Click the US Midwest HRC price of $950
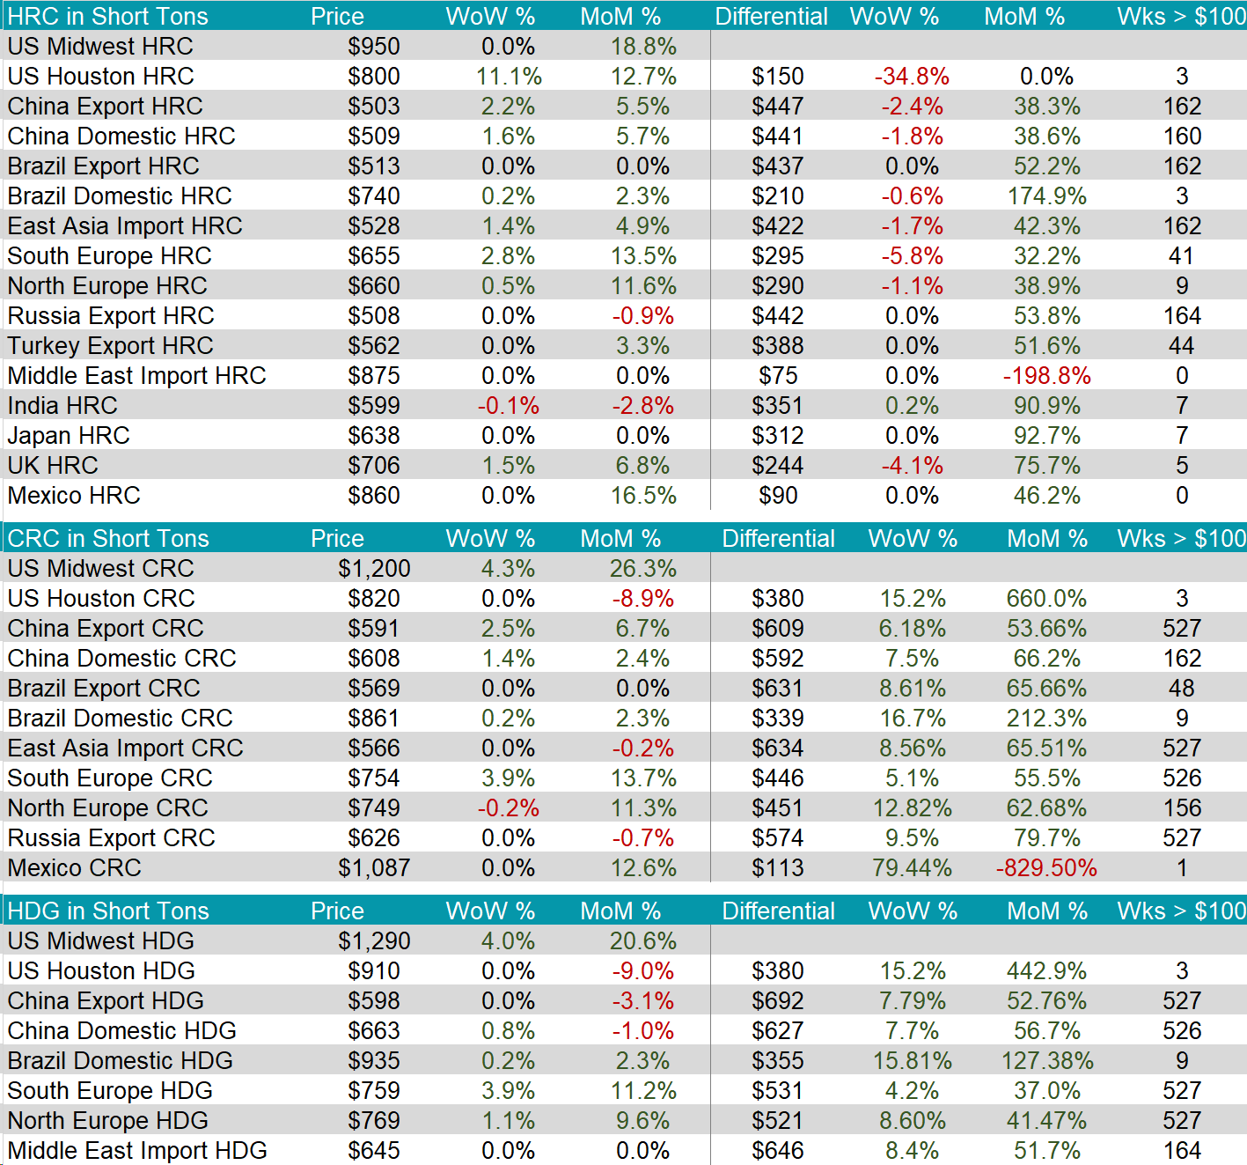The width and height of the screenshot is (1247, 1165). (x=374, y=47)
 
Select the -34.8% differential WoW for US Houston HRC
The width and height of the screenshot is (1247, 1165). (x=912, y=77)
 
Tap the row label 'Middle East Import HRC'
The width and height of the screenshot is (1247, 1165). (x=136, y=376)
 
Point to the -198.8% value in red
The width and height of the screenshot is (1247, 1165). (x=1046, y=376)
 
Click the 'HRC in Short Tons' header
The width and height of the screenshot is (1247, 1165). (x=107, y=17)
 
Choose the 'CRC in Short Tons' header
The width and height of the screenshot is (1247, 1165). (x=108, y=539)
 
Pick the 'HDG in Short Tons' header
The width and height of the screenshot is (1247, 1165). (x=108, y=911)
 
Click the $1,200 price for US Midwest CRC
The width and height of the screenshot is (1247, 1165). (x=374, y=569)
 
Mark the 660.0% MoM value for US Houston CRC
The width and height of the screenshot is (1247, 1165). (x=1046, y=599)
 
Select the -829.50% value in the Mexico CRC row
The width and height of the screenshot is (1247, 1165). (x=1046, y=868)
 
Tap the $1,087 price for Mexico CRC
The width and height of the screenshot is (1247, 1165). (x=374, y=868)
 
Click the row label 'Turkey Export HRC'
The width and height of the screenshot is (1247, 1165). (x=110, y=346)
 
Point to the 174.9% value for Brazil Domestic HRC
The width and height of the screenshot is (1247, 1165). (x=1046, y=196)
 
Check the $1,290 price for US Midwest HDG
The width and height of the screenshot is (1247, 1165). (x=374, y=941)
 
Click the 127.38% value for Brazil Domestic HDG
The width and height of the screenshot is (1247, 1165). (x=1046, y=1061)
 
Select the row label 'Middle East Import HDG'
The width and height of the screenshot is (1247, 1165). (x=137, y=1151)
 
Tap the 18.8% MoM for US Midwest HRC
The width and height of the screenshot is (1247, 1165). (x=643, y=47)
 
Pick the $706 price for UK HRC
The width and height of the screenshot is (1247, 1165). (x=374, y=466)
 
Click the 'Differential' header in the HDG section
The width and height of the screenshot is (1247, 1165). (x=778, y=911)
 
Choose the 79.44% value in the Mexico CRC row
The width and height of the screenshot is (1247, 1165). (x=912, y=868)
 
